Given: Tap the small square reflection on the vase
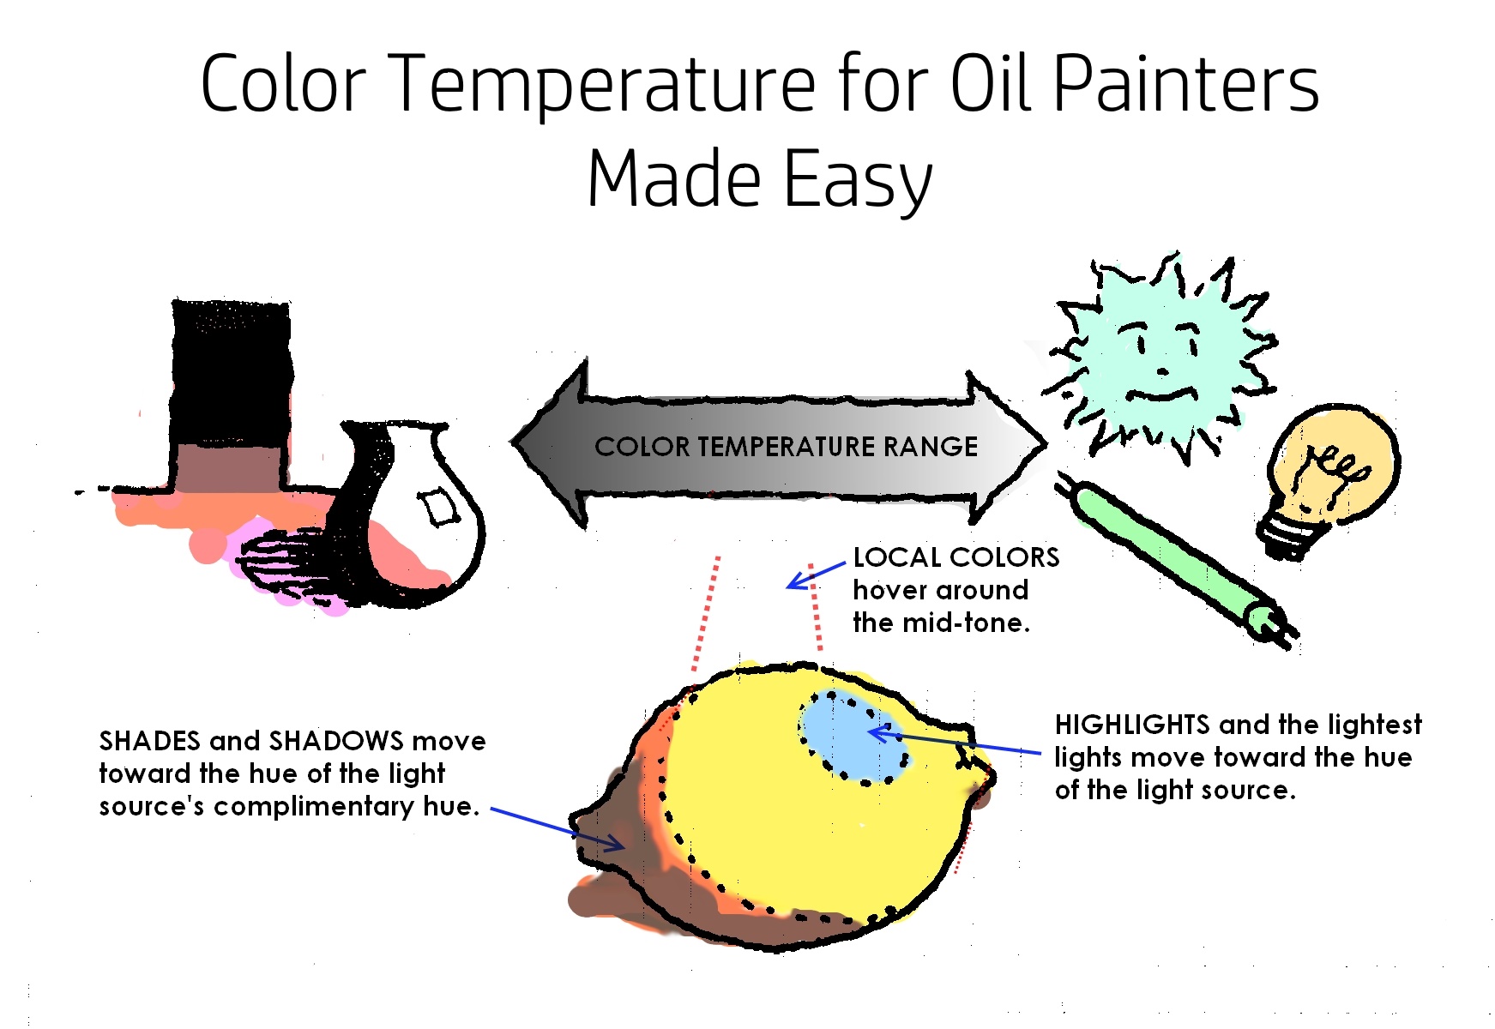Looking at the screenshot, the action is (438, 507).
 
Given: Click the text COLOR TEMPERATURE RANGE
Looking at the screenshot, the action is (786, 447).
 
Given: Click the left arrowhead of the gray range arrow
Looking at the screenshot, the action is (549, 443).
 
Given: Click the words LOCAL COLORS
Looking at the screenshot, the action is (956, 557).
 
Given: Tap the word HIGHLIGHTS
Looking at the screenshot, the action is (1132, 725).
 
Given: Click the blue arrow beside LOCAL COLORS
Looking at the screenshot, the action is (817, 575).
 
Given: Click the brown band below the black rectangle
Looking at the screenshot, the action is (228, 468).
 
